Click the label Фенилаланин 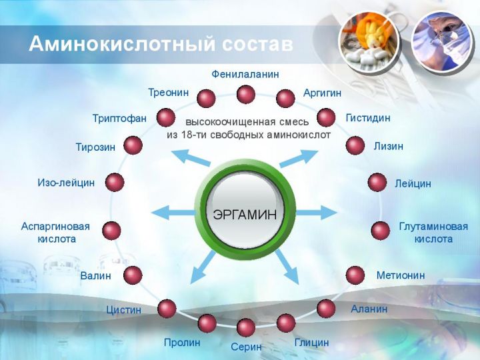245,75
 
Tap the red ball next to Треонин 206,98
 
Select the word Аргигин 322,93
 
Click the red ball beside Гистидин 326,117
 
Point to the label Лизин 388,146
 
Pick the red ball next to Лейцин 377,183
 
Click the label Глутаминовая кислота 433,233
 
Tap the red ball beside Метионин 355,275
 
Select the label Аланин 369,309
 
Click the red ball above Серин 246,327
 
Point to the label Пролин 182,342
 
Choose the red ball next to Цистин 167,309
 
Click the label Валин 95,275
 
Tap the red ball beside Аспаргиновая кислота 111,231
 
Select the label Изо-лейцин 66,183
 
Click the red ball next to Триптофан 166,118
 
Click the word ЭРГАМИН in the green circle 245,214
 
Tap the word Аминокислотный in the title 123,44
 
